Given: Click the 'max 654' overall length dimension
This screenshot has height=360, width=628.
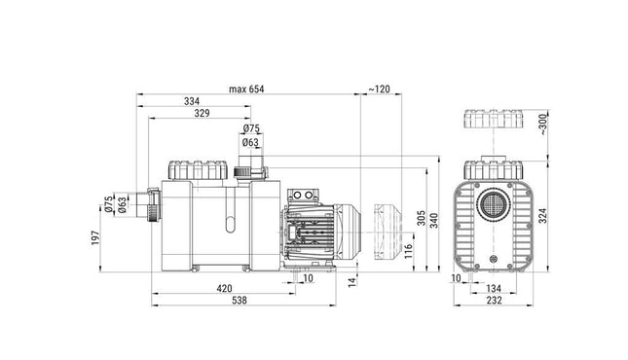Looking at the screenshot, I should (246, 89).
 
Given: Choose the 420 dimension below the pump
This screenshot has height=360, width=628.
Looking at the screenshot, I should (224, 288).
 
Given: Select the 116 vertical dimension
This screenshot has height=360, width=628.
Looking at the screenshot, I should (409, 251).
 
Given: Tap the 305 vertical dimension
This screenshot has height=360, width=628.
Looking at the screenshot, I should (421, 218).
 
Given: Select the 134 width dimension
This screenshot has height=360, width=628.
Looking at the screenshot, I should (493, 288).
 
